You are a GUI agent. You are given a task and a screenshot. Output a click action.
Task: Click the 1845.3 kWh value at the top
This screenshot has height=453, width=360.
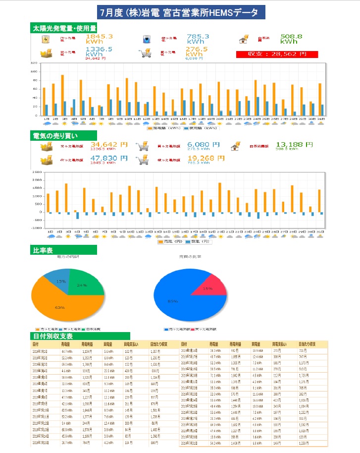point(100,39)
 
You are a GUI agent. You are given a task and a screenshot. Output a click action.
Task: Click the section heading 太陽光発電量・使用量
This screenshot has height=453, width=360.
point(64,27)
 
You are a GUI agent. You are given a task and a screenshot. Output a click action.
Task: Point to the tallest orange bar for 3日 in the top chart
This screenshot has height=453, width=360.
point(62,95)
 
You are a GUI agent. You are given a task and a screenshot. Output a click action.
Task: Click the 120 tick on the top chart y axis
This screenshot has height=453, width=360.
point(34,63)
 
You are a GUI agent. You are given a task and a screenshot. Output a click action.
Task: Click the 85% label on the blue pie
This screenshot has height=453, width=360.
point(173,302)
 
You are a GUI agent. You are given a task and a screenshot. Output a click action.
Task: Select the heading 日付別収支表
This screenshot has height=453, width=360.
point(53,336)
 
